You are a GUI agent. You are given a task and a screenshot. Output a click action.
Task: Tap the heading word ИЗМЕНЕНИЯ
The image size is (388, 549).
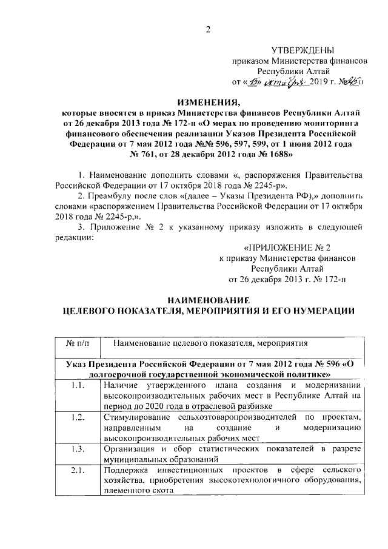coord(206,102)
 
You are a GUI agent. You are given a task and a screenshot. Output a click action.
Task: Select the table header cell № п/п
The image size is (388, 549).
coord(77,343)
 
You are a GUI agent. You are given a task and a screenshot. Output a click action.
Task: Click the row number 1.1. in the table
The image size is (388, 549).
coord(77,385)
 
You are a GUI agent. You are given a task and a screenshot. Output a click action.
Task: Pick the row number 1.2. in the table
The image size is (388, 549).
coord(77,417)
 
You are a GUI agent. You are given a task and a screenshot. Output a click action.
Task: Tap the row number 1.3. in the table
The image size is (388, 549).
coord(77,450)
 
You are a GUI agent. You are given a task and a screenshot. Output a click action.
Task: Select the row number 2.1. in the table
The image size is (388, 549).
coord(77,471)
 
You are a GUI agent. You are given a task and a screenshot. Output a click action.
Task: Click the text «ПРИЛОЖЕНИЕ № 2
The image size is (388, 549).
coord(287,248)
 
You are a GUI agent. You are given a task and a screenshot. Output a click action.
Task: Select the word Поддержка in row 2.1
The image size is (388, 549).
coord(126,471)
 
